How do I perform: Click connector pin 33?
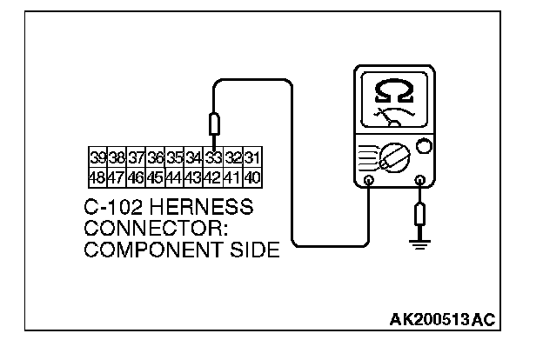[213, 158]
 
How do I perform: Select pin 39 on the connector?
[98, 158]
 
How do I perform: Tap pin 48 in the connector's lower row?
[98, 177]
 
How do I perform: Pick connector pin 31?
[251, 158]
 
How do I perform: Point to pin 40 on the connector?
[251, 177]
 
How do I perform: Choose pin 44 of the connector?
[175, 177]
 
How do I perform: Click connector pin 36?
[156, 158]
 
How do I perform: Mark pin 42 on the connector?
[213, 177]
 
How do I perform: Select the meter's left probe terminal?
[369, 182]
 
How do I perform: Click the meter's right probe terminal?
[420, 182]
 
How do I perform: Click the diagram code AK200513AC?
[442, 320]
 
